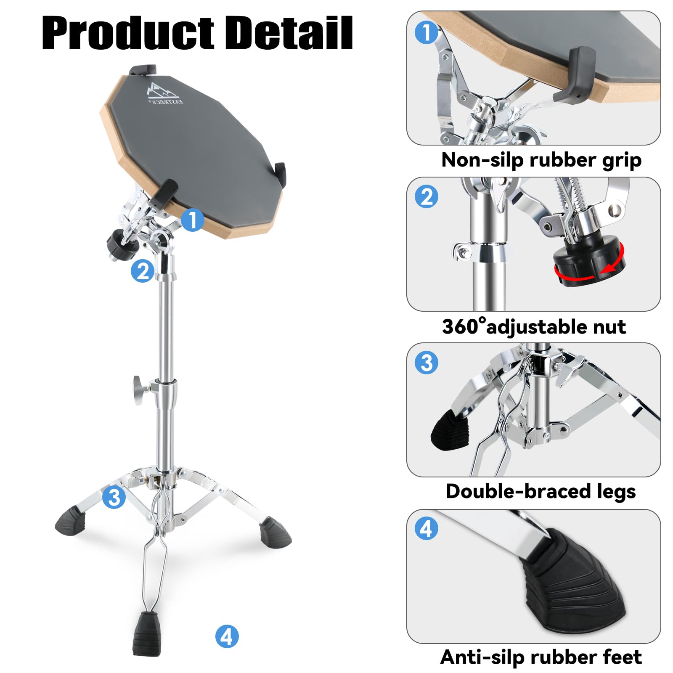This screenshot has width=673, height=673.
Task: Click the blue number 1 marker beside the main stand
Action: click(x=193, y=220)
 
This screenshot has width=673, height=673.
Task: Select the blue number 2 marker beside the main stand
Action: click(x=143, y=270)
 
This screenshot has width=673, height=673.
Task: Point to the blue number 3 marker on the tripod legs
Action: click(x=114, y=497)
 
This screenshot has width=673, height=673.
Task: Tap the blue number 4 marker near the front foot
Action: click(x=227, y=636)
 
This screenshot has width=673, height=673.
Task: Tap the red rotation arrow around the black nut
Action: click(x=589, y=272)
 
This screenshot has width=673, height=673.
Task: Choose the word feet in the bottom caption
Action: click(x=623, y=657)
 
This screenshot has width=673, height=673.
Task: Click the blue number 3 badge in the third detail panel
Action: click(x=427, y=363)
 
